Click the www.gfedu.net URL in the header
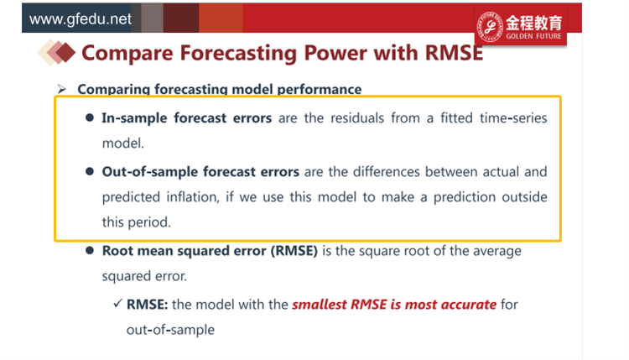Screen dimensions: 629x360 tap(81, 18)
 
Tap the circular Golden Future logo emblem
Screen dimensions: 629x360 tap(490, 27)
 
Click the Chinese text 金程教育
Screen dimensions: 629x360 tap(533, 23)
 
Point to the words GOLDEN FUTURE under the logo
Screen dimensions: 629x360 tap(533, 36)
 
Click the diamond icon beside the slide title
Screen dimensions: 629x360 tap(56, 52)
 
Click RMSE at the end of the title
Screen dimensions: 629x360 tap(454, 53)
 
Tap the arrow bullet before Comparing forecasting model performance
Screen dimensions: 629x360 tap(62, 89)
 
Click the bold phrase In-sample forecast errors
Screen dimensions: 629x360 tap(186, 118)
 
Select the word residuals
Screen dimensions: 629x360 tap(357, 118)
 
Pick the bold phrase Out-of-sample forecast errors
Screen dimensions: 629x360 tap(200, 172)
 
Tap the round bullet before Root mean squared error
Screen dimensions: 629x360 tap(90, 250)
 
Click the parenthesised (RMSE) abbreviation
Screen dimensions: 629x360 tap(294, 251)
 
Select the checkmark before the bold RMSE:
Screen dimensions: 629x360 tap(117, 303)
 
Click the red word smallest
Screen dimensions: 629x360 tap(320, 305)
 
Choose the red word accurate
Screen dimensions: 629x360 tap(470, 305)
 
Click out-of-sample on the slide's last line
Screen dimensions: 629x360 tap(170, 330)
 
